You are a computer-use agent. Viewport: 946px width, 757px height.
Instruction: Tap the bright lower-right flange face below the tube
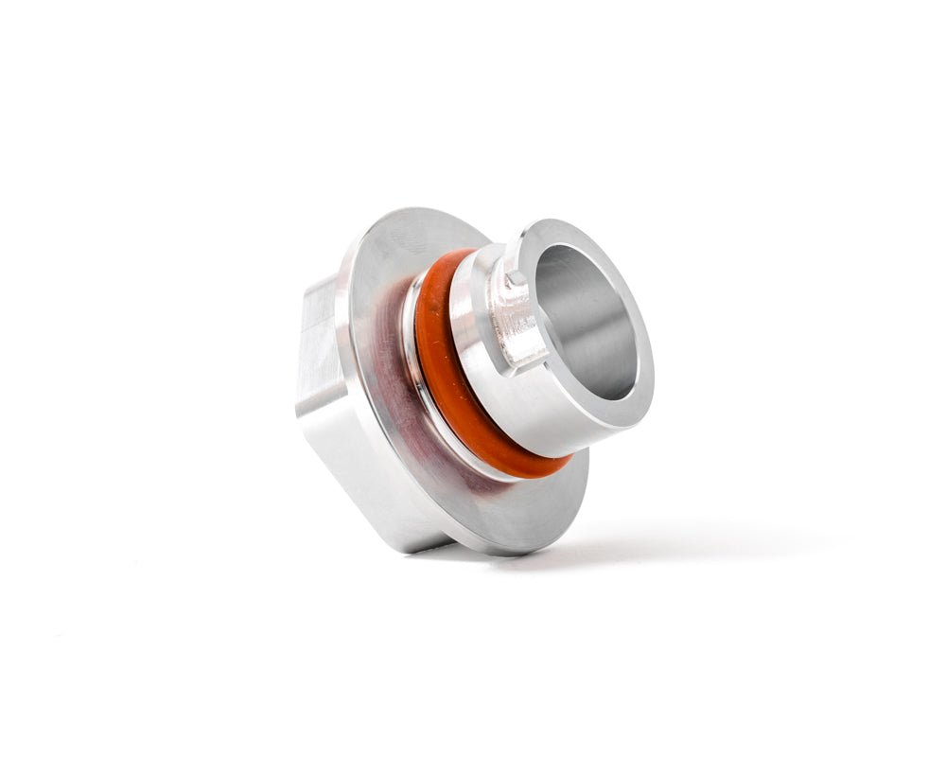coord(558,502)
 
